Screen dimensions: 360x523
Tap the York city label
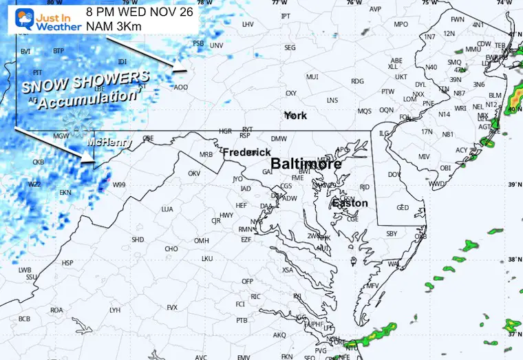[295, 116]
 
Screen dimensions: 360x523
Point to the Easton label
[350, 203]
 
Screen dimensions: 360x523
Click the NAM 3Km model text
[111, 25]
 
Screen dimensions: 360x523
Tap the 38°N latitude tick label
[513, 260]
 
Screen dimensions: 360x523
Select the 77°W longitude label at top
[279, 3]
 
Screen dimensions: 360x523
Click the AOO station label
[180, 87]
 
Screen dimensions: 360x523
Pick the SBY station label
[392, 234]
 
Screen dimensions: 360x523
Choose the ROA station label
[56, 310]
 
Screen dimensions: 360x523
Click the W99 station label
[119, 184]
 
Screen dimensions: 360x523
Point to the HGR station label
[225, 130]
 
